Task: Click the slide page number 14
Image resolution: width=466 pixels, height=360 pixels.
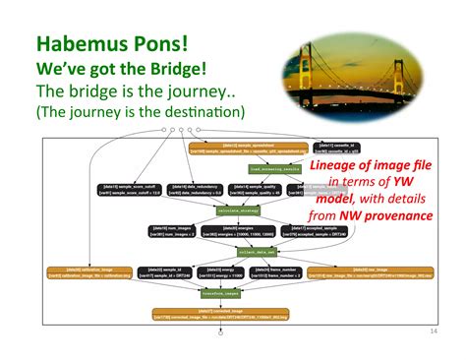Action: (434, 330)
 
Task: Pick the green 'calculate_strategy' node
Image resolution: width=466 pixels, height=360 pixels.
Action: (230, 210)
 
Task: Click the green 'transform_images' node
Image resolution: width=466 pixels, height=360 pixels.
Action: (221, 293)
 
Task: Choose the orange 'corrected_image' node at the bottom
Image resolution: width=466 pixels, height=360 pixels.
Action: (221, 315)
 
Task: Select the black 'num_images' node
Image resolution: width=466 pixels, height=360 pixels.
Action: (169, 231)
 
